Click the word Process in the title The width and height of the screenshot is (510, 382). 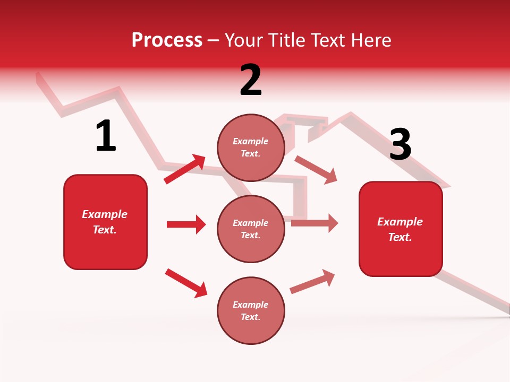[x=167, y=40]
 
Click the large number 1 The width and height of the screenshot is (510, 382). [x=106, y=136]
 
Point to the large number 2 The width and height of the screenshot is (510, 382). [x=251, y=80]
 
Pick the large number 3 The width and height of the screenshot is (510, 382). [x=400, y=144]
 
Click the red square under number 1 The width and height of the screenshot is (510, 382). [x=105, y=222]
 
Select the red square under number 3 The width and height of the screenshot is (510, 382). [x=401, y=229]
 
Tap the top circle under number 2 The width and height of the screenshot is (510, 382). [x=251, y=147]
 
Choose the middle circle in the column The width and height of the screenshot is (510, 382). [x=251, y=229]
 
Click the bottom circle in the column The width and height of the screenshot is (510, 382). [x=251, y=310]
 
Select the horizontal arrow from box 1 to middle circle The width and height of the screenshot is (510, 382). [x=186, y=224]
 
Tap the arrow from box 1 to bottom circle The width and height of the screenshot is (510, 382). [x=186, y=283]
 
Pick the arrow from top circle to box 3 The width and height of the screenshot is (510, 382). [x=316, y=170]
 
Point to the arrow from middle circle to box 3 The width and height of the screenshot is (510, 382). [x=314, y=223]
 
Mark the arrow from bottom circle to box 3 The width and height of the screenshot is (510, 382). [x=312, y=281]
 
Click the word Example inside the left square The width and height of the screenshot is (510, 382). [x=105, y=214]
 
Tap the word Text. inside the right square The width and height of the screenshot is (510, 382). [x=400, y=237]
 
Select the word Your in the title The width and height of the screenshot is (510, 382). [x=243, y=40]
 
